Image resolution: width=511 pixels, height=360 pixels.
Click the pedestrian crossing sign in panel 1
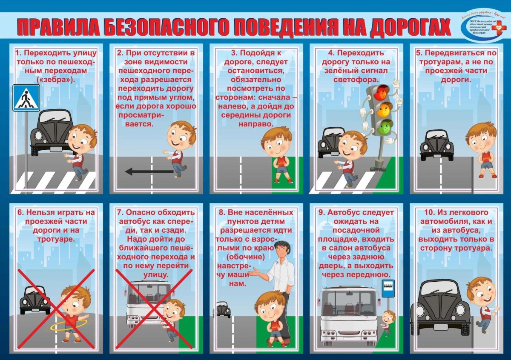click(26, 97)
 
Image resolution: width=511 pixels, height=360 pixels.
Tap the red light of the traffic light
click(382, 90)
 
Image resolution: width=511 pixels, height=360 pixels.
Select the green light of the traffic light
click(386, 126)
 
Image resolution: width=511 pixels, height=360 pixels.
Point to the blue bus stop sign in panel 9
click(388, 289)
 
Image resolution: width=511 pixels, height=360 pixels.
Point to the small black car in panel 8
click(223, 309)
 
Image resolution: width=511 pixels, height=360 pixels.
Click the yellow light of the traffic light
click(384, 108)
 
